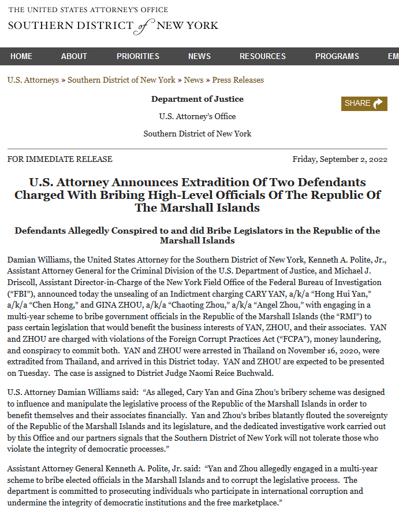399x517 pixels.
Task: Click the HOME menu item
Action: (x=21, y=56)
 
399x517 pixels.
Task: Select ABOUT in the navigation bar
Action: (x=74, y=56)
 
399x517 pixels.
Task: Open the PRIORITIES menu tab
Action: (x=138, y=56)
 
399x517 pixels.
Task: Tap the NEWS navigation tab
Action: (x=199, y=56)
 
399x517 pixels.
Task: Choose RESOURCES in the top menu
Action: (x=263, y=56)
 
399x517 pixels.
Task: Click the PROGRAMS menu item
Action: (x=337, y=56)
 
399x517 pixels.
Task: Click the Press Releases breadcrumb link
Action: (x=238, y=80)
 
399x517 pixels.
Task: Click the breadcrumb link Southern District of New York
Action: (x=121, y=80)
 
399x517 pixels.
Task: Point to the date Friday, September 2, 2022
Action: (x=340, y=159)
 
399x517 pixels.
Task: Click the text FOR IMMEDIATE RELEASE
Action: (x=60, y=159)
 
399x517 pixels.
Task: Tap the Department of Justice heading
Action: (x=197, y=99)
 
